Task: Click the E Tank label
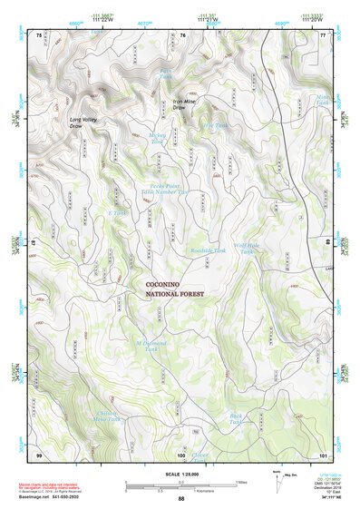coord(117,213)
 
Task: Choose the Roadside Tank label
coord(208,250)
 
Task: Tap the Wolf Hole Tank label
coord(248,249)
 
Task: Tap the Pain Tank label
coord(165,73)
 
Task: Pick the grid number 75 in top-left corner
coord(39,34)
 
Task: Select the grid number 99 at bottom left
coord(39,454)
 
